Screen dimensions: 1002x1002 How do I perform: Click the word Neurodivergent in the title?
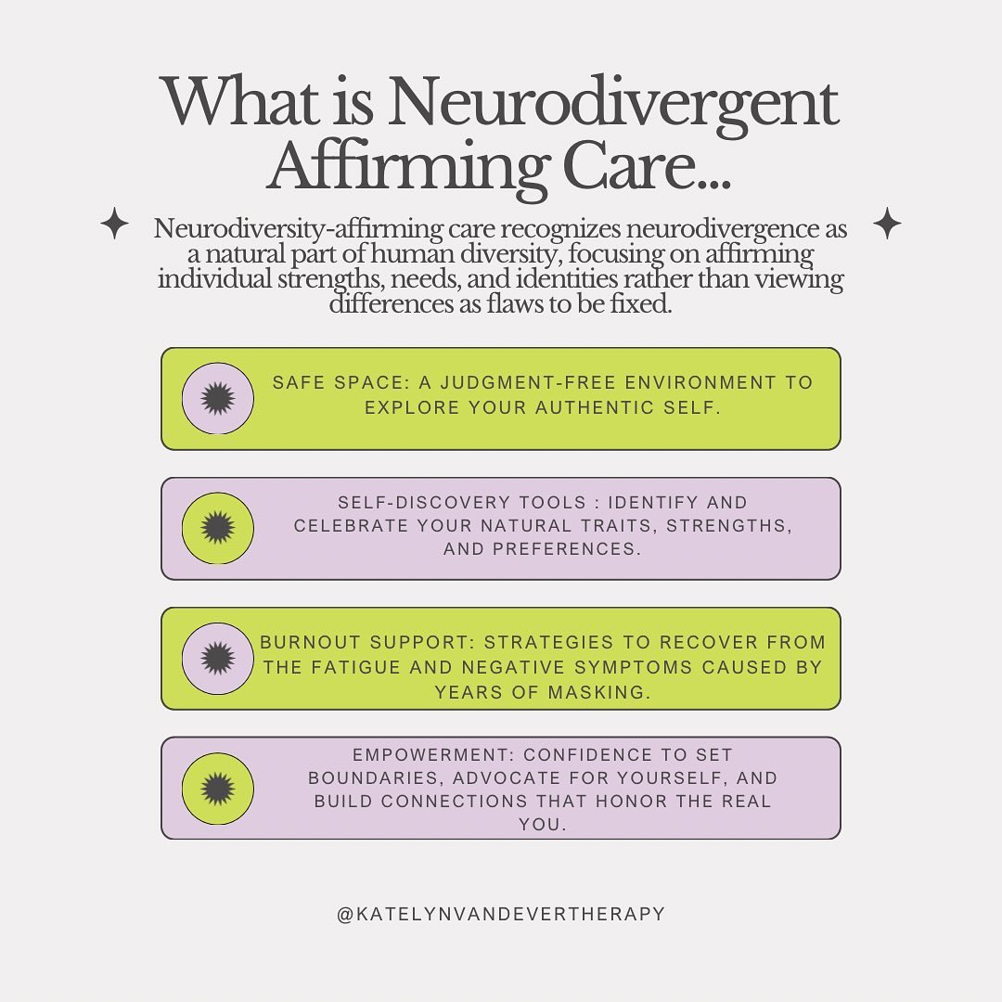[x=612, y=104]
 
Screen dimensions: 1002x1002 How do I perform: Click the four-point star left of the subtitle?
[x=114, y=225]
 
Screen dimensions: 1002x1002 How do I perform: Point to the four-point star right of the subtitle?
[x=888, y=224]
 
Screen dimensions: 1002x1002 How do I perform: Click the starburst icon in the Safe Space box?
[x=217, y=398]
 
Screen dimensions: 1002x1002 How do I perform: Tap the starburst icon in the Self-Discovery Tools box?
[x=217, y=528]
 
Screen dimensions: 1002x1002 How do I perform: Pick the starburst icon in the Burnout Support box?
[x=217, y=658]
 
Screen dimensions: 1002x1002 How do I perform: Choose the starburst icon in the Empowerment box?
[x=217, y=788]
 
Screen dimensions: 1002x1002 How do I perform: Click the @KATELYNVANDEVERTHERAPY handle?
[x=501, y=914]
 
